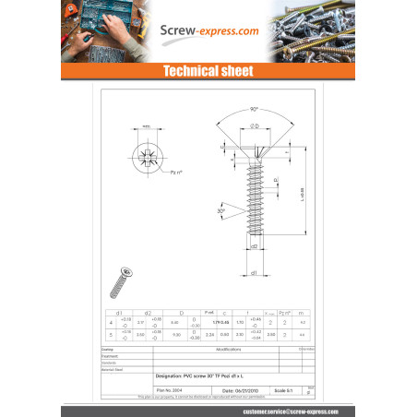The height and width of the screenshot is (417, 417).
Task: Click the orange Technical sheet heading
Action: point(208,71)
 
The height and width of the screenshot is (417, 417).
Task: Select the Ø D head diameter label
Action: point(253,125)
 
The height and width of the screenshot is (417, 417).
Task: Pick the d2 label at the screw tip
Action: point(254,247)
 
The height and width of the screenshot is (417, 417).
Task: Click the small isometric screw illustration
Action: point(120,281)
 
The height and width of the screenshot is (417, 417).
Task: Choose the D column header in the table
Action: point(181,313)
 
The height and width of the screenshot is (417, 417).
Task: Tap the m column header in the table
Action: point(302,313)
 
